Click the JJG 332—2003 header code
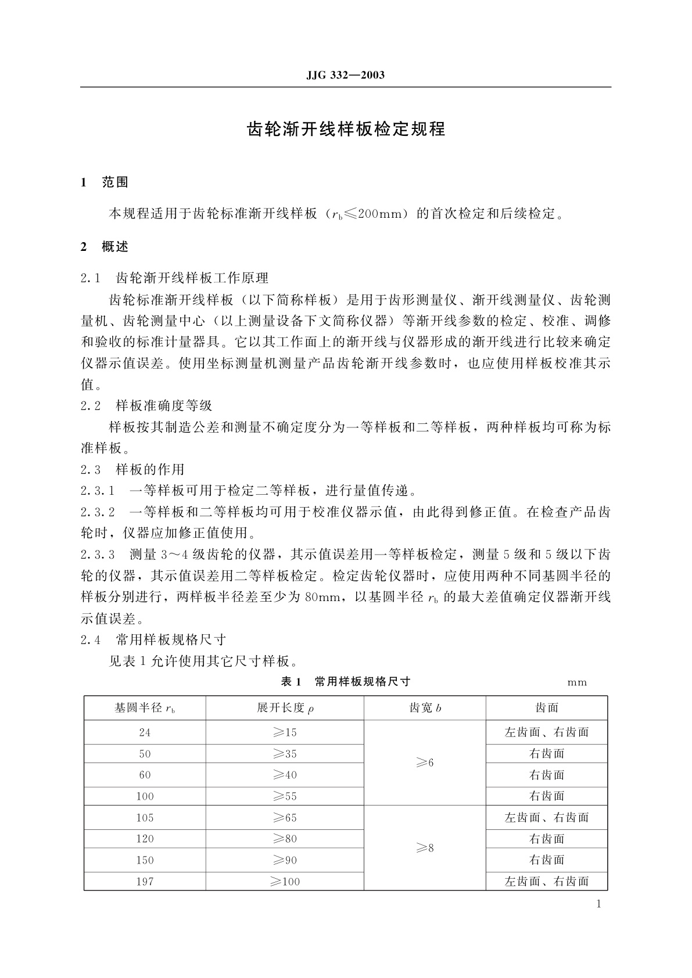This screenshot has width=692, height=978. coord(345,75)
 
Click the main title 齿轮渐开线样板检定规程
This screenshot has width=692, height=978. coord(346,129)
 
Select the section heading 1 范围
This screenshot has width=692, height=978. coord(105,182)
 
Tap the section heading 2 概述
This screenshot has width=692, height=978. coord(105,247)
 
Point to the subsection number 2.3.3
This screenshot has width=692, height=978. coord(98,554)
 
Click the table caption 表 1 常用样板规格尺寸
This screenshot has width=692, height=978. coord(345,682)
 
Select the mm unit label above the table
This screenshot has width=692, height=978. coord(577,682)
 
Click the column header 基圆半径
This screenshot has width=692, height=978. coord(145,708)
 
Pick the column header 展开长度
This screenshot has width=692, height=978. coord(285,708)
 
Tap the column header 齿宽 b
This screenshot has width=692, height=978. coord(425,708)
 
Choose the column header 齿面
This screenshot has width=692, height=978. coord(547,708)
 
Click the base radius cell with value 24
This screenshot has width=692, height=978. coord(145,732)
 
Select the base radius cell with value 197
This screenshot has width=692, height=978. coord(145,882)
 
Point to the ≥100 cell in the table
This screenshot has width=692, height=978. coord(285,882)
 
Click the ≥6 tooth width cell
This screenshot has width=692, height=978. coord(425,763)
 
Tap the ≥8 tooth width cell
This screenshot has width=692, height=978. coord(425,848)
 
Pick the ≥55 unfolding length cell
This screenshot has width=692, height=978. coord(285,796)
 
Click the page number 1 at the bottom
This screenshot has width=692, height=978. coord(598,904)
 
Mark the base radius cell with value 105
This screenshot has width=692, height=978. coord(145,818)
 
